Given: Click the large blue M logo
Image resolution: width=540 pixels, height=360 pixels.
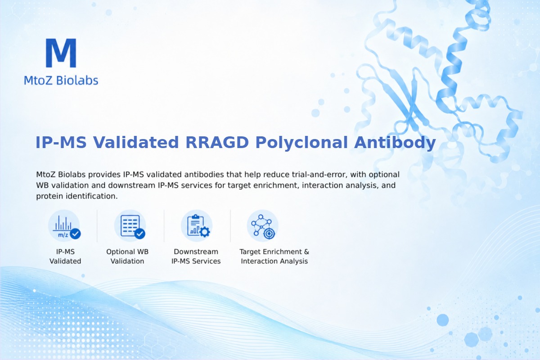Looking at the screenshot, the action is click(x=61, y=53).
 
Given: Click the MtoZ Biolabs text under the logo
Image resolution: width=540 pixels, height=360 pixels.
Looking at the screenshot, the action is click(x=61, y=80).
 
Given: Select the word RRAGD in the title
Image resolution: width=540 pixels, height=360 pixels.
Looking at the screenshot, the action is click(x=217, y=142).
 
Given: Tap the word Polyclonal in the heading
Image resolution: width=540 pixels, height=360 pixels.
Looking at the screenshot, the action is click(x=301, y=143).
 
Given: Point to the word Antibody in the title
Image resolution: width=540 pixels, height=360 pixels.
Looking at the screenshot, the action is click(x=395, y=143).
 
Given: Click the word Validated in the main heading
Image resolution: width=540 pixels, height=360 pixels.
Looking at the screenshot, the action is click(x=136, y=142).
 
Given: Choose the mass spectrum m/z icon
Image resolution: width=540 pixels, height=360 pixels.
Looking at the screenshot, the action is click(x=64, y=226).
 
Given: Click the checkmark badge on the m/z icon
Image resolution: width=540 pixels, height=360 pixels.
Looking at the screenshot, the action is click(x=75, y=234).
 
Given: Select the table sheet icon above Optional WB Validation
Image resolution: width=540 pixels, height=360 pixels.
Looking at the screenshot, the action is click(x=130, y=226).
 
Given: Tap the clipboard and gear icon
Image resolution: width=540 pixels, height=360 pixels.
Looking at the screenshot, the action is click(x=197, y=226).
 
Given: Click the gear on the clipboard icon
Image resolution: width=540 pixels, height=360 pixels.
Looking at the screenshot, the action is click(x=205, y=232).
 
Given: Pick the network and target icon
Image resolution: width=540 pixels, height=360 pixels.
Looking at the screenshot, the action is click(x=263, y=226).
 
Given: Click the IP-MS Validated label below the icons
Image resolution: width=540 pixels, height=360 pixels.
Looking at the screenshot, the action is click(x=65, y=256).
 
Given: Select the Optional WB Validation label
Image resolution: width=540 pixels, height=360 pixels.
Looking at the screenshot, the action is click(x=127, y=256).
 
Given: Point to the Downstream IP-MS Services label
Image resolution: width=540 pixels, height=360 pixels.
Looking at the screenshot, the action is click(x=196, y=256).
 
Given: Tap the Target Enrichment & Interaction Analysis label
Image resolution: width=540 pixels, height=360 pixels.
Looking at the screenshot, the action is click(x=274, y=256).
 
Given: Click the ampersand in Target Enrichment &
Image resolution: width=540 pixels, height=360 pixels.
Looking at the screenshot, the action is click(x=306, y=252).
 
